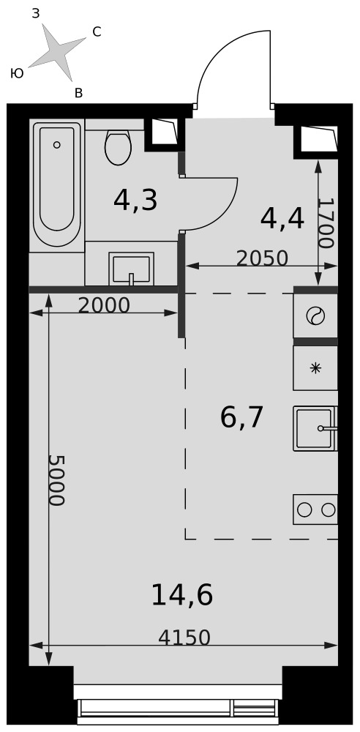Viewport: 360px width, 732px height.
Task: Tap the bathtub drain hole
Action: point(56,145)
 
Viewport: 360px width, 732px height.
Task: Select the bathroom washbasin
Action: point(131,269)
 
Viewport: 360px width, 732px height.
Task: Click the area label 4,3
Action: point(135,201)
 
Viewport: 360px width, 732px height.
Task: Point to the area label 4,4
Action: point(282,218)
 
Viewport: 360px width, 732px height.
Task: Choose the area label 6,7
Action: point(242,417)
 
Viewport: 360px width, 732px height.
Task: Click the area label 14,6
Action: point(182,595)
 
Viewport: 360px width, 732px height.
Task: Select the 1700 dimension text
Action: point(326,223)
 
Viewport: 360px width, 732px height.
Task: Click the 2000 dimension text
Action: point(104,305)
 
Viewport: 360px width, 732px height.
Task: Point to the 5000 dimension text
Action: point(56,480)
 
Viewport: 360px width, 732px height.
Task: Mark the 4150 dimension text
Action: point(184,638)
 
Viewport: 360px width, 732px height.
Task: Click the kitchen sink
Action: point(315,428)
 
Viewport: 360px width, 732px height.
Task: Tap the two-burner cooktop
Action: point(315,509)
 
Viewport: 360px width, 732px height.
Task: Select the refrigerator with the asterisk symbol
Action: point(315,368)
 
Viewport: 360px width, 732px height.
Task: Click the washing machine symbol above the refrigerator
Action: point(315,316)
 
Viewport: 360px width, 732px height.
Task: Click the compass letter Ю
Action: point(17,73)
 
